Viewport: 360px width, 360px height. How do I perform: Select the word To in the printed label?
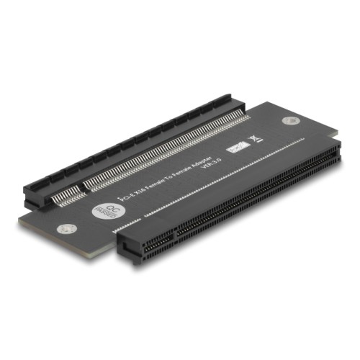176,168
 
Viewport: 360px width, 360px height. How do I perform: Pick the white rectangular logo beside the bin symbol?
233,148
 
